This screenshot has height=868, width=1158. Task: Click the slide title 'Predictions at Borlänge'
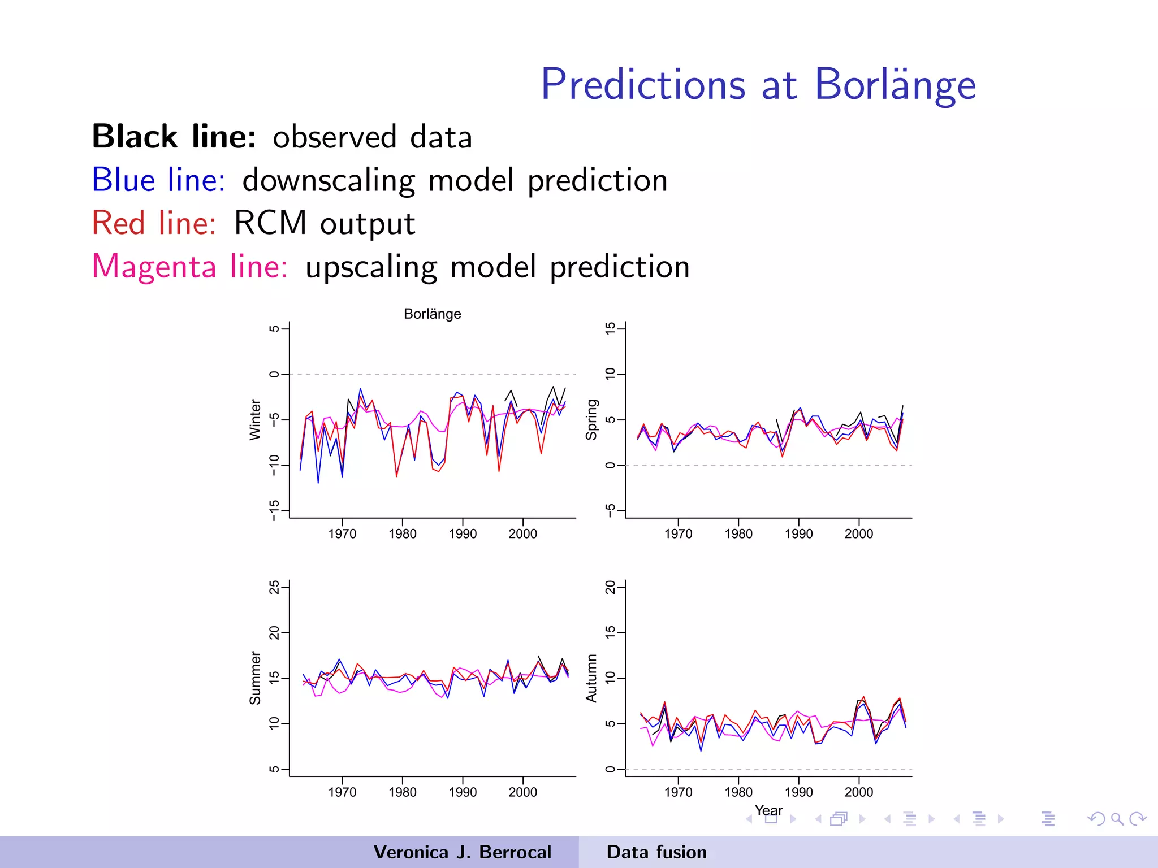tap(758, 85)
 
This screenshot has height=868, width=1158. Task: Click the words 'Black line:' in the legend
tap(174, 137)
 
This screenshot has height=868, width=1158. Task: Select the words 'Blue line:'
tap(158, 180)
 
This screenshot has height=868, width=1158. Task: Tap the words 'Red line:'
tap(154, 223)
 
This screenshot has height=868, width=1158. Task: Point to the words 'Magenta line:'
tap(189, 266)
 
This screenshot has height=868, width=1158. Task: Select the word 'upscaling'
tap(371, 267)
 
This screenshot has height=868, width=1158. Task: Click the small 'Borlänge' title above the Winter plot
tap(432, 314)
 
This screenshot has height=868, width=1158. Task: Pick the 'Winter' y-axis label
tap(256, 419)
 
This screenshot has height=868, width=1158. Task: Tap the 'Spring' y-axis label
tap(591, 419)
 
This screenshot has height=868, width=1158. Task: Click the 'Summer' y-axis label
tap(256, 678)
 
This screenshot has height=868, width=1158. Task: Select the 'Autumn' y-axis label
tap(591, 678)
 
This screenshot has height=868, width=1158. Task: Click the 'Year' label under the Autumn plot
tap(768, 810)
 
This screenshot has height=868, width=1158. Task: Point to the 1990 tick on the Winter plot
tap(463, 533)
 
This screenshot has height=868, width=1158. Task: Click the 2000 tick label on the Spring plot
tap(858, 533)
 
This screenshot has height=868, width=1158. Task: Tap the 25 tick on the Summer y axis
tap(274, 587)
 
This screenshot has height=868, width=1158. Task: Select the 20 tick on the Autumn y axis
tap(610, 587)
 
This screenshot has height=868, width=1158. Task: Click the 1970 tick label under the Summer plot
tap(342, 792)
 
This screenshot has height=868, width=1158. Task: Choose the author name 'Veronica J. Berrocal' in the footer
tap(462, 852)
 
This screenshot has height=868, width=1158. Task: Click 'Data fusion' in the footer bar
tap(656, 852)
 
